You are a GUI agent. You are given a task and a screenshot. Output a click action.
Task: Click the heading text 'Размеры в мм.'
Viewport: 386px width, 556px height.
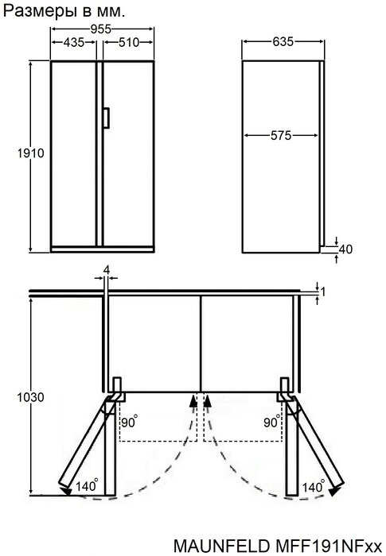coord(65,10)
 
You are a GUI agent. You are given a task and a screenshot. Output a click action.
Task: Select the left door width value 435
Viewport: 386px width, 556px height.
coord(76,43)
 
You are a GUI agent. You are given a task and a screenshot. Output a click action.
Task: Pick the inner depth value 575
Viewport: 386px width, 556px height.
coord(279,136)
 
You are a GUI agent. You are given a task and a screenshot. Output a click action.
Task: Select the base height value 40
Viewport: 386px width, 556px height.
coord(345,249)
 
